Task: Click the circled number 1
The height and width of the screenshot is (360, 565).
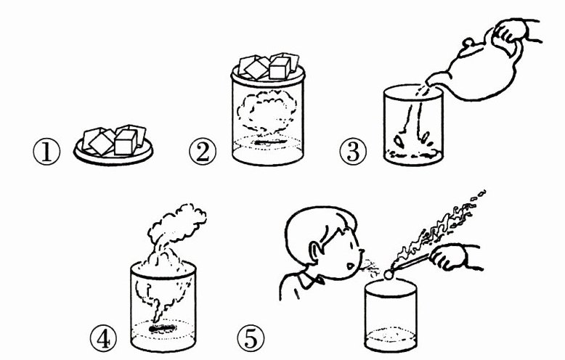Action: pyautogui.click(x=46, y=152)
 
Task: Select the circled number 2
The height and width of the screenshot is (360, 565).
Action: pyautogui.click(x=203, y=152)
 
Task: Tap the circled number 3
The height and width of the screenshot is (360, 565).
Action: pyautogui.click(x=353, y=152)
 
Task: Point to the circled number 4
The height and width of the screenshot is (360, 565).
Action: pyautogui.click(x=103, y=340)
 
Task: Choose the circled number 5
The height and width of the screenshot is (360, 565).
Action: pyautogui.click(x=251, y=339)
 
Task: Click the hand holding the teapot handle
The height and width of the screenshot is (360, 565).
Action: pyautogui.click(x=512, y=32)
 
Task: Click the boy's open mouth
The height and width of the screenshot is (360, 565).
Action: pyautogui.click(x=350, y=267)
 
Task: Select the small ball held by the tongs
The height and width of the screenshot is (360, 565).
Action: pyautogui.click(x=389, y=275)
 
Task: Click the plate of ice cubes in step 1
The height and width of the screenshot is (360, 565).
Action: pyautogui.click(x=113, y=144)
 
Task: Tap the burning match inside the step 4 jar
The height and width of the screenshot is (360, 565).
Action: pyautogui.click(x=163, y=328)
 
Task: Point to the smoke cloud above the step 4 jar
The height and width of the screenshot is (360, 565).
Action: pyautogui.click(x=176, y=224)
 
